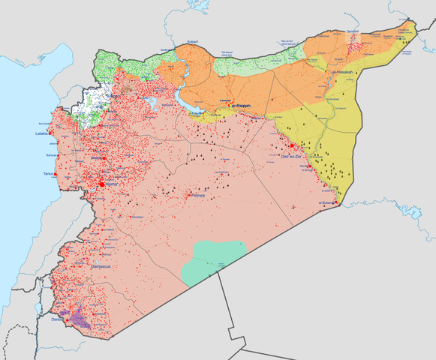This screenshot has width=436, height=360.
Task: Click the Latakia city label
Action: tap(41, 134)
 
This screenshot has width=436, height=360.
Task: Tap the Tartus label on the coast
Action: tap(49, 173)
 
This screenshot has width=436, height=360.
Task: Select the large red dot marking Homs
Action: tap(101, 183)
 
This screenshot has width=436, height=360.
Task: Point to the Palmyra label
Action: tap(198, 196)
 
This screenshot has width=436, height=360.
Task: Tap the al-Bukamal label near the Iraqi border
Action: tap(326, 203)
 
